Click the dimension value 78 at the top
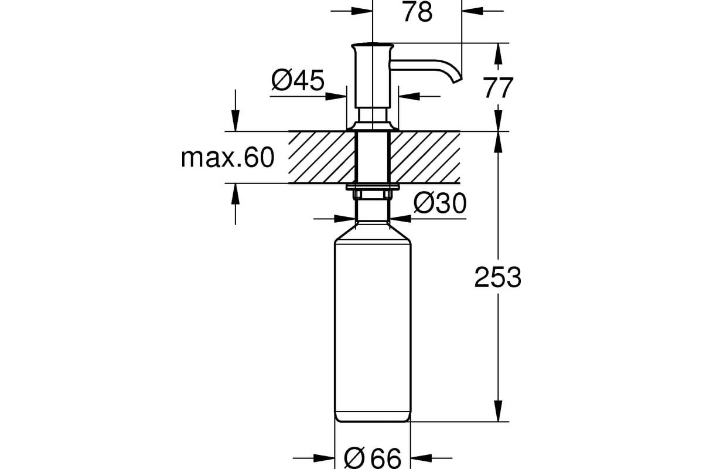click(417, 12)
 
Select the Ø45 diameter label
click(298, 80)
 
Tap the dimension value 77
click(498, 88)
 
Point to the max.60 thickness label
click(228, 158)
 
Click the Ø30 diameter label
click(440, 203)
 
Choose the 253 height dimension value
click(497, 277)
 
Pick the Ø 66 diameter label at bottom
click(373, 458)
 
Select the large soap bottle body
click(373, 328)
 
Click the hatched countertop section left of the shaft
click(322, 157)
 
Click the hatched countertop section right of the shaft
click(424, 157)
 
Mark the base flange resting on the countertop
click(373, 126)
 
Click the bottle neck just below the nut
click(373, 208)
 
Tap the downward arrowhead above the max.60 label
click(236, 123)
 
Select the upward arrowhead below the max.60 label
click(236, 192)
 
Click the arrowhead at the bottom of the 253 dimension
click(498, 413)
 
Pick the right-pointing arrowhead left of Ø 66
click(325, 458)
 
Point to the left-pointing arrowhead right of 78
click(471, 11)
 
